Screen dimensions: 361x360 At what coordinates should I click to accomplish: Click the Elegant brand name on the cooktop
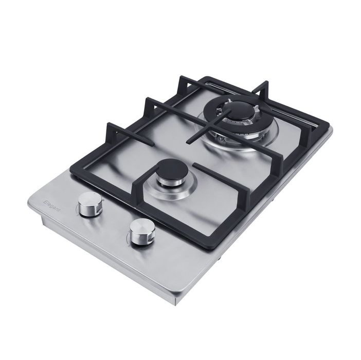(52, 206)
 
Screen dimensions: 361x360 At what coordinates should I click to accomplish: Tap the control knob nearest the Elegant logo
(90, 205)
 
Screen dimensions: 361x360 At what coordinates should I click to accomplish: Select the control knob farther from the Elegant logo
(141, 232)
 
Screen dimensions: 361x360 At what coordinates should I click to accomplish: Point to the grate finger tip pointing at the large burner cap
(228, 111)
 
